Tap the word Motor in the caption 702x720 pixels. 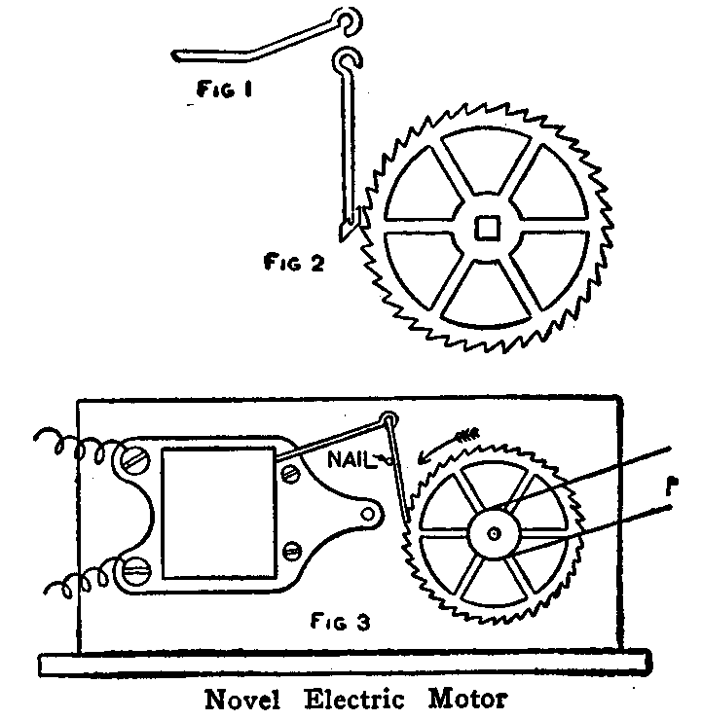(x=469, y=699)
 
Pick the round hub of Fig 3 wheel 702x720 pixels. (x=495, y=532)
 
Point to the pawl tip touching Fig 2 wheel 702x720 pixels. (x=349, y=232)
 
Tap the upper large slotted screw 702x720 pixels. (x=133, y=454)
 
